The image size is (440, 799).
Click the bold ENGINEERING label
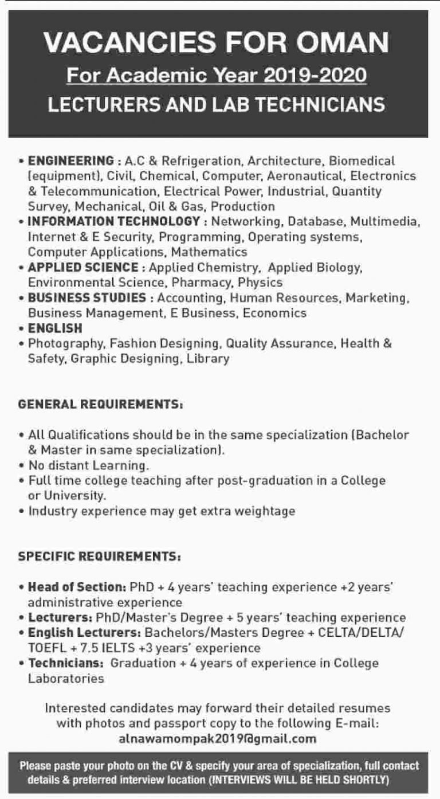72,160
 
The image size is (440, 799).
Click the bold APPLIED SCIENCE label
84,267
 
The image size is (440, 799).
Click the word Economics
274,313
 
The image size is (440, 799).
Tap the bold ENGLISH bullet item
56,328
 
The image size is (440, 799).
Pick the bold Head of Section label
77,587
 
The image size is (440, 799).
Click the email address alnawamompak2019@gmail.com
217,739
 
